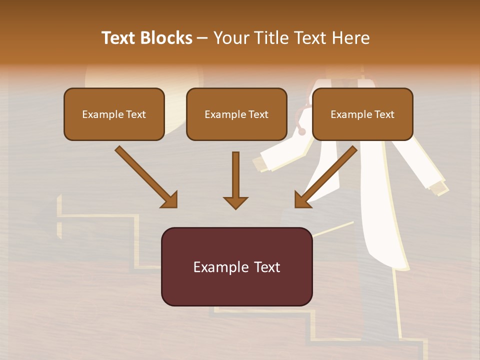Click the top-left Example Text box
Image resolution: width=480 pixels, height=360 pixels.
coord(114,114)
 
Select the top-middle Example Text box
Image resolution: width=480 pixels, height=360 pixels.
coord(236,114)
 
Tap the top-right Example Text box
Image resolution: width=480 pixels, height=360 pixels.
coord(362,114)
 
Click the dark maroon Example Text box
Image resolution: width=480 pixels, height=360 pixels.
coord(236,266)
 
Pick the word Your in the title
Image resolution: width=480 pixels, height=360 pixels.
coord(231,38)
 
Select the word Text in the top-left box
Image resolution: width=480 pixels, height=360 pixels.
coord(135,114)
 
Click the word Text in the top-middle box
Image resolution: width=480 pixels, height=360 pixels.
coord(258,114)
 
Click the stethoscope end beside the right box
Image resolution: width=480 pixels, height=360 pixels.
coord(301,131)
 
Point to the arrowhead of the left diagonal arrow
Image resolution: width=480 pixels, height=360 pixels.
coord(170,200)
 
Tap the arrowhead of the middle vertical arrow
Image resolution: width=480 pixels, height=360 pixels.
coord(235,202)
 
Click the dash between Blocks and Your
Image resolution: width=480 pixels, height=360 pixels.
coord(202,38)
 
